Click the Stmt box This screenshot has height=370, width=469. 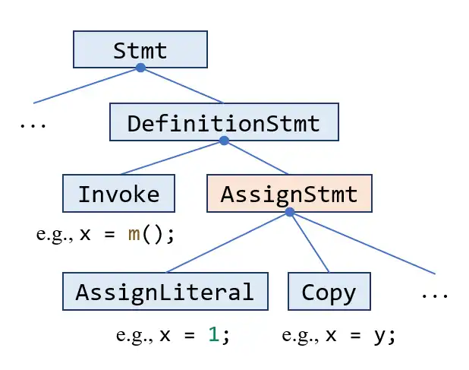tap(140, 49)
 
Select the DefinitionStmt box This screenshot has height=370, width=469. tap(223, 122)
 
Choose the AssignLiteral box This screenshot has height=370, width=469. tap(164, 291)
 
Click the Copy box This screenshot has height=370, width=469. tap(328, 291)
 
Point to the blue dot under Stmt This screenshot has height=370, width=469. tap(140, 68)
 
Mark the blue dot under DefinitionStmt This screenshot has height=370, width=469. tap(223, 141)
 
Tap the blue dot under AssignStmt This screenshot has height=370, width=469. tap(289, 212)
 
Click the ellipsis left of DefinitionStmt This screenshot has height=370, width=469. tap(32, 125)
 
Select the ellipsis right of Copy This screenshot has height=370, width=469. tap(435, 294)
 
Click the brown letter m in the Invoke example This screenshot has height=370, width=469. tap(134, 234)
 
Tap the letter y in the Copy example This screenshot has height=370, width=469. tap(379, 335)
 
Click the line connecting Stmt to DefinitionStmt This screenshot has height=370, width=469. tap(182, 85)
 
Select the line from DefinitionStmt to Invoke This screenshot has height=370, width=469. tap(172, 157)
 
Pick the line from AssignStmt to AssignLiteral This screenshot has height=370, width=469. tap(228, 242)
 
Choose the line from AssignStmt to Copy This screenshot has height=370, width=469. tap(309, 242)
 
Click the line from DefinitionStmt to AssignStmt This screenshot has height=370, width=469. tap(257, 158)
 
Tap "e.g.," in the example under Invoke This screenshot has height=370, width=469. tap(54, 234)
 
